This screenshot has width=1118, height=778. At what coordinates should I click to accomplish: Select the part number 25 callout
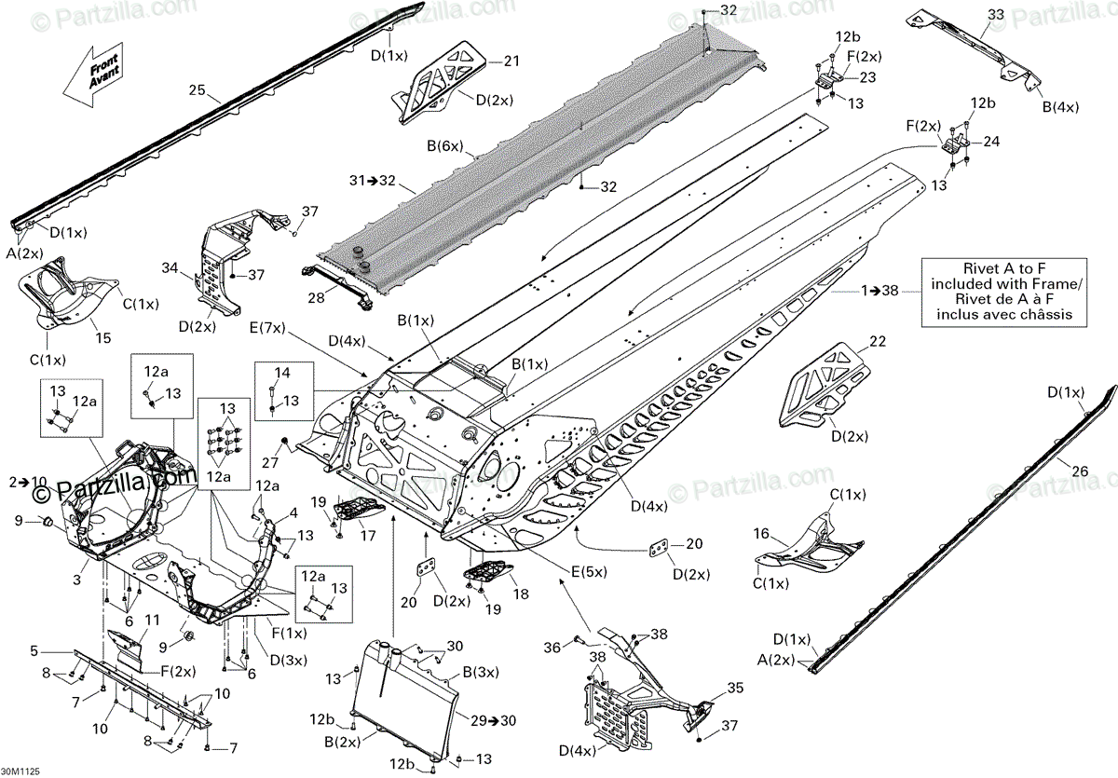pyautogui.click(x=197, y=91)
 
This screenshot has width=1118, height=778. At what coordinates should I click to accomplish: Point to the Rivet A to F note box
pyautogui.click(x=996, y=292)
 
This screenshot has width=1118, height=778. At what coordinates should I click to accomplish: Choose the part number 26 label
pyautogui.click(x=1079, y=471)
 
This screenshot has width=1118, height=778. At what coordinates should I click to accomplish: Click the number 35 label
pyautogui.click(x=735, y=689)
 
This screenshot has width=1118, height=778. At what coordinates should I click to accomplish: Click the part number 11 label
pyautogui.click(x=152, y=621)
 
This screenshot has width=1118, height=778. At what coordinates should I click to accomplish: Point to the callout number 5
pyautogui.click(x=34, y=650)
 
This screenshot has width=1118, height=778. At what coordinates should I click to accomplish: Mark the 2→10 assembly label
pyautogui.click(x=27, y=482)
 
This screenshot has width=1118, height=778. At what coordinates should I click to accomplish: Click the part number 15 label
pyautogui.click(x=103, y=337)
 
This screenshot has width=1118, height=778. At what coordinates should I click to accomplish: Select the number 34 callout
pyautogui.click(x=169, y=267)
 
